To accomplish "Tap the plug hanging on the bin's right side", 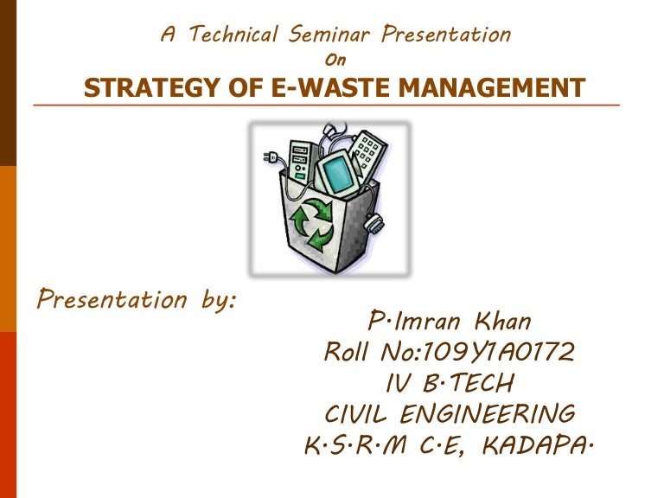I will [373, 224].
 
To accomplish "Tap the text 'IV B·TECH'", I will [449, 383].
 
